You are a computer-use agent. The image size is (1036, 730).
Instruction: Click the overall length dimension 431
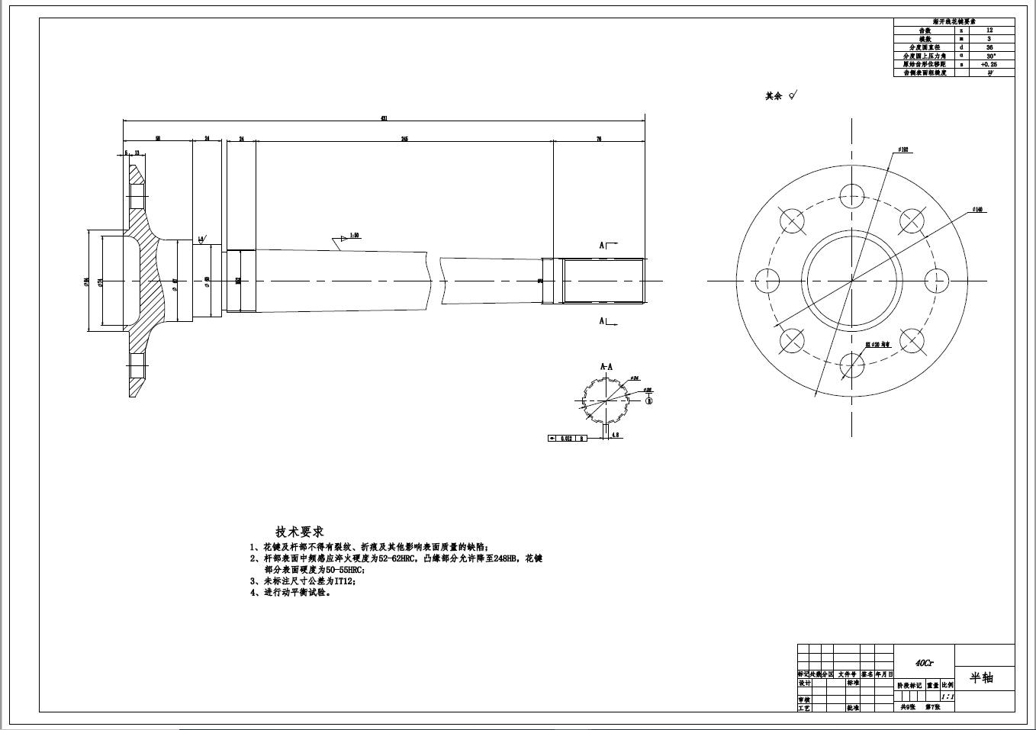[384, 118]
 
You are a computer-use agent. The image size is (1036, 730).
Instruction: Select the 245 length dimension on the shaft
[404, 139]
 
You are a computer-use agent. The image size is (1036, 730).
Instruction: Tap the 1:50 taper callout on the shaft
[354, 236]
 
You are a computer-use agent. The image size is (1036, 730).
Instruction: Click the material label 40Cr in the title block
[924, 664]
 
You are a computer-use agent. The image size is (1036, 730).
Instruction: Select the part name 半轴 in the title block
[982, 677]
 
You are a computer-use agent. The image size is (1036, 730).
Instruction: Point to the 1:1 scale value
[947, 696]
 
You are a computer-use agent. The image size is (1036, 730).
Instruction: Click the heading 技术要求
[299, 531]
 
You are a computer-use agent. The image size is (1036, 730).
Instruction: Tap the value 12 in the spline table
[989, 31]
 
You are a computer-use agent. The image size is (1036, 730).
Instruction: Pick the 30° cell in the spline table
[989, 56]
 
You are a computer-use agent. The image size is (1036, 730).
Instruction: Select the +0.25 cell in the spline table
[989, 65]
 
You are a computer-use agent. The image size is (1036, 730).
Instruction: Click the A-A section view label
[606, 366]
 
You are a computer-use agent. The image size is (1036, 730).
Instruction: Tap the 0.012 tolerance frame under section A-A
[566, 439]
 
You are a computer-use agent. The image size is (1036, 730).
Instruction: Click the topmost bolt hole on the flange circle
[851, 195]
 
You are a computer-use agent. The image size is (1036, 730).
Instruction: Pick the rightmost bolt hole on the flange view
[936, 280]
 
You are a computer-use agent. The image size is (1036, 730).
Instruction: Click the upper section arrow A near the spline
[605, 245]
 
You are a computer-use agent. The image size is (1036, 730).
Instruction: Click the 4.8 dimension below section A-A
[616, 434]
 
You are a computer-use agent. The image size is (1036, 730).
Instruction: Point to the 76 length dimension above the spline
[599, 139]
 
